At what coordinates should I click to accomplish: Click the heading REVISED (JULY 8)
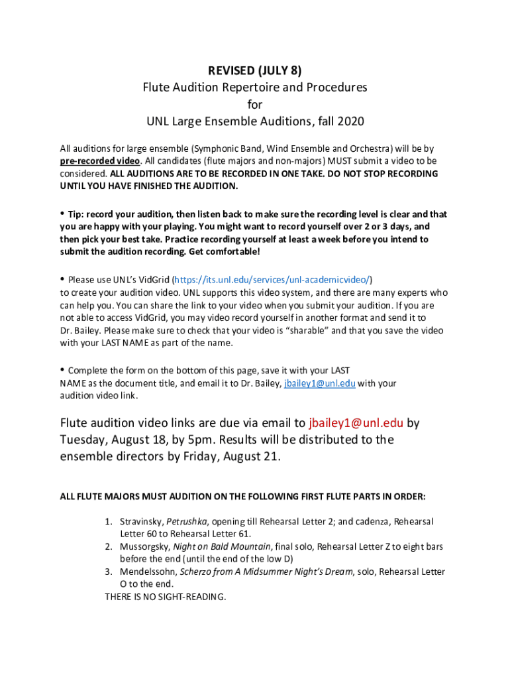(x=255, y=70)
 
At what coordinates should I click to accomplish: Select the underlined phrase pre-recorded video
(x=100, y=161)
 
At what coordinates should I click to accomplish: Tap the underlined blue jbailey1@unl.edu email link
(x=320, y=383)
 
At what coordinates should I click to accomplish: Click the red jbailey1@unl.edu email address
(x=356, y=423)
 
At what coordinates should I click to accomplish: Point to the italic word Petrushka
(x=187, y=522)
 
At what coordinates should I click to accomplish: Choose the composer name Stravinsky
(x=141, y=522)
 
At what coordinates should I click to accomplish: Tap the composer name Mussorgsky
(x=144, y=547)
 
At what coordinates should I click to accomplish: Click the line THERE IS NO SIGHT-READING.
(x=166, y=597)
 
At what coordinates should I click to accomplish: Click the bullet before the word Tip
(x=63, y=214)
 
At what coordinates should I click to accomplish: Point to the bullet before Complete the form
(x=63, y=370)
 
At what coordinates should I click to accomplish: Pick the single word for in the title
(x=255, y=105)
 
